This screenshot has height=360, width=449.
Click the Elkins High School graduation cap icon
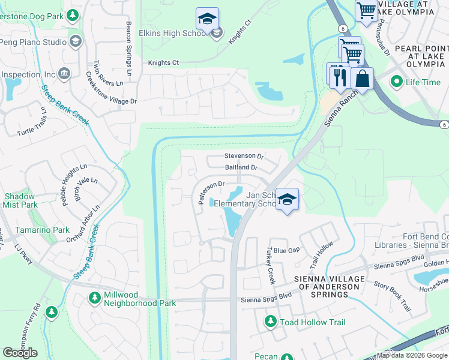[207, 19]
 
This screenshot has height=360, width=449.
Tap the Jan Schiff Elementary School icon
[288, 200]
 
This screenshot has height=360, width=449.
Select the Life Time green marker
[396, 82]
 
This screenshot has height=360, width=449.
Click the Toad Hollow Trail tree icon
[271, 322]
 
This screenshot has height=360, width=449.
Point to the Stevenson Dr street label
[244, 156]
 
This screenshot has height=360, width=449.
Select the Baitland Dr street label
[241, 167]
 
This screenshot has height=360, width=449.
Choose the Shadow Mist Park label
[20, 200]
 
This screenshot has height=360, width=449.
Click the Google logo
[20, 353]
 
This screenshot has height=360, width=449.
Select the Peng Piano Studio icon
[76, 41]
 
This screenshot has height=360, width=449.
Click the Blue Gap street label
[286, 250]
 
